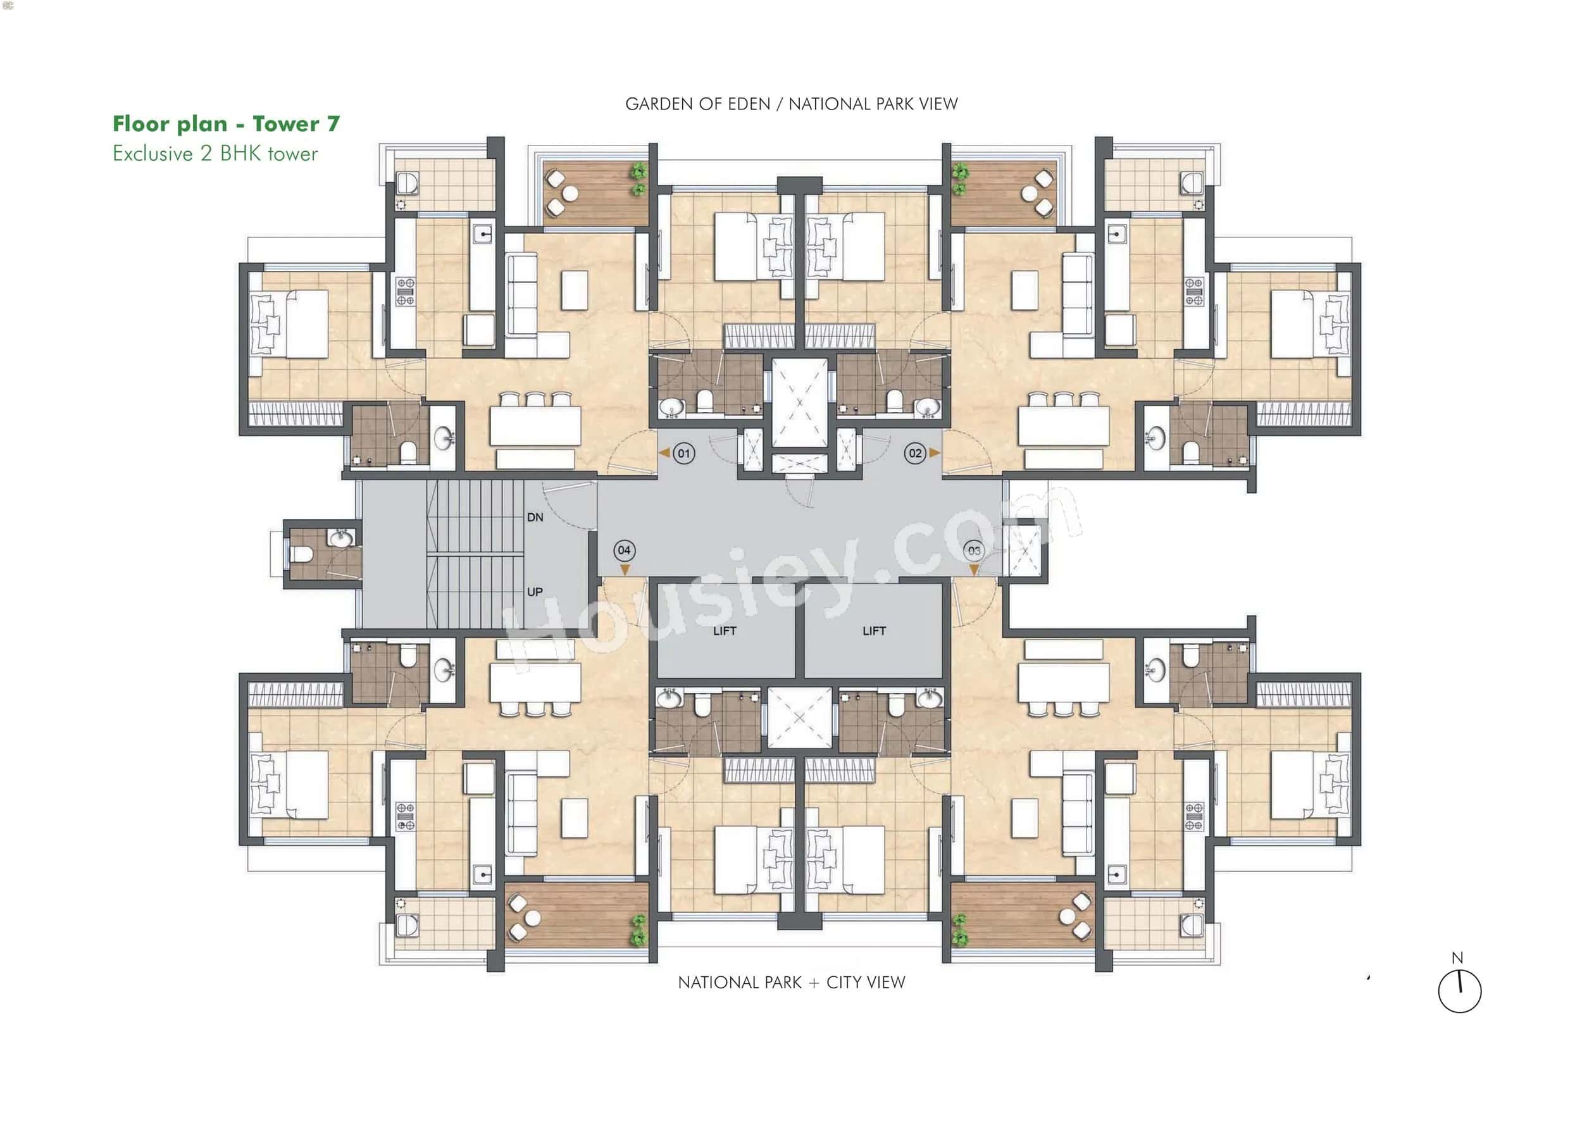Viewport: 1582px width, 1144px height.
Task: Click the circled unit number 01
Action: tap(683, 454)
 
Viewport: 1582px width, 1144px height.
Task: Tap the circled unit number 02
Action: tap(915, 454)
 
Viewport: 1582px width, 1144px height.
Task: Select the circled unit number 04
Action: tap(625, 550)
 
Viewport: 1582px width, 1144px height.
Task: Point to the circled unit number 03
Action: tap(974, 550)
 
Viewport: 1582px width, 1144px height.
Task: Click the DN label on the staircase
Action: tap(535, 518)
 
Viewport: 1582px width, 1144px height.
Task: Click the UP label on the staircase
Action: tap(535, 592)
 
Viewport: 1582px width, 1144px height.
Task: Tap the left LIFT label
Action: tap(725, 631)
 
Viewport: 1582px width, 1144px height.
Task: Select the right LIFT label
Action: tap(874, 631)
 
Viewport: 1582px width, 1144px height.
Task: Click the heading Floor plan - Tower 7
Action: tap(226, 124)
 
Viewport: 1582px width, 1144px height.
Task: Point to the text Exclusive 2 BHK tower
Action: tap(215, 154)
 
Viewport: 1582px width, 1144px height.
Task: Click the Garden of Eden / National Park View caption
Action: tap(791, 104)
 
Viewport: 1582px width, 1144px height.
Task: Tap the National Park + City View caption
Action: tap(791, 982)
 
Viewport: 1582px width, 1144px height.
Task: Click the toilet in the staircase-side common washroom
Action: tap(301, 554)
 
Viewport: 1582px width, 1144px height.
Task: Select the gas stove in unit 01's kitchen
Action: tap(405, 292)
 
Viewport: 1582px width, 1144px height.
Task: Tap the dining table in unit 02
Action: tap(1063, 425)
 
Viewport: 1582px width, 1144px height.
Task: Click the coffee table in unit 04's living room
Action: tap(574, 818)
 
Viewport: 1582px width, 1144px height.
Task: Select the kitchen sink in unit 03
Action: tap(1117, 874)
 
